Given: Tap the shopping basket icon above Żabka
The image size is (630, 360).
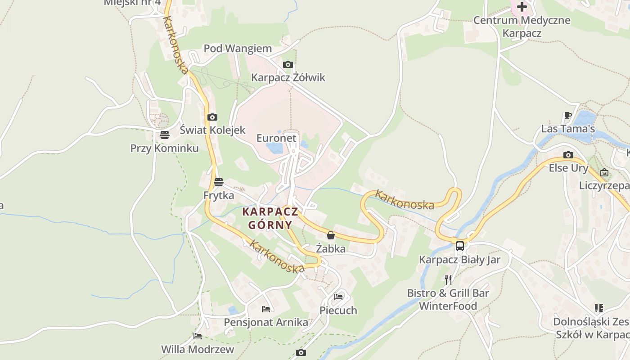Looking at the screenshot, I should (331, 235).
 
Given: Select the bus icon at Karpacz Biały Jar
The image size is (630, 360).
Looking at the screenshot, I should (459, 246).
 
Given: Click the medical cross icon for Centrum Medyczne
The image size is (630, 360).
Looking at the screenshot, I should (522, 7).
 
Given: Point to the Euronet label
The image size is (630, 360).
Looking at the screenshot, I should (276, 138).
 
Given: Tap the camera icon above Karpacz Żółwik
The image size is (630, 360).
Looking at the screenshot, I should (288, 65).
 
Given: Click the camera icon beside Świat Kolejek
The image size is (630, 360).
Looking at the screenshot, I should (212, 117).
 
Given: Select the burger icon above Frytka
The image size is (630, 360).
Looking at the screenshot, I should (219, 182).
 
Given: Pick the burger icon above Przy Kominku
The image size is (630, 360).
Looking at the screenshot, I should (164, 135).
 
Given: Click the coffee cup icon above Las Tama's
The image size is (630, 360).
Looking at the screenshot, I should (568, 116).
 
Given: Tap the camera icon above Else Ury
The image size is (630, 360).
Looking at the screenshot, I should (568, 155).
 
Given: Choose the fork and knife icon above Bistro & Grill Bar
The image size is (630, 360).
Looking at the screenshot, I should (448, 280).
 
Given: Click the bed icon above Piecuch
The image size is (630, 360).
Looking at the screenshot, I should (338, 297).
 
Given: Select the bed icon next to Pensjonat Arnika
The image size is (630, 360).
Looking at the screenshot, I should (266, 309).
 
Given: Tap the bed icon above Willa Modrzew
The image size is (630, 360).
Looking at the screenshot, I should (198, 336).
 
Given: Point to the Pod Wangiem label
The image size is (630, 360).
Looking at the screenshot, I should (238, 49).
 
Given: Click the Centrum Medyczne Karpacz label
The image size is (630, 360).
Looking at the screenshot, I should (522, 27).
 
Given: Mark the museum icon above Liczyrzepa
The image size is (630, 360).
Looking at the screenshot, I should (604, 172).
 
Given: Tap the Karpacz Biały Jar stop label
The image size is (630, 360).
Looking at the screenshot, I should (459, 260).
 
